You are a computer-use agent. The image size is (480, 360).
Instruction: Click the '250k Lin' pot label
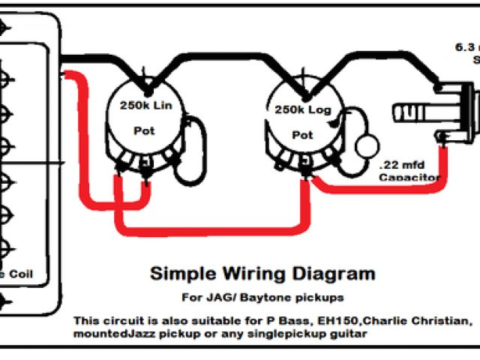point(145,106)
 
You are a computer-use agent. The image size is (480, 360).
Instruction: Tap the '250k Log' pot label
point(302,109)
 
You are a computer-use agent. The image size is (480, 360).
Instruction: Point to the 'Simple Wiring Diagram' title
point(262,273)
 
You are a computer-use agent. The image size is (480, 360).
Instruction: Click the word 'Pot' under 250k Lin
point(144,130)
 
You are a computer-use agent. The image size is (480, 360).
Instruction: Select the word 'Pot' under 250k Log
point(301,135)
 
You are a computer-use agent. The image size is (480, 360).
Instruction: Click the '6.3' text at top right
point(462,46)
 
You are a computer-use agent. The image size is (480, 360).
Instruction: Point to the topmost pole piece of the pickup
point(5,27)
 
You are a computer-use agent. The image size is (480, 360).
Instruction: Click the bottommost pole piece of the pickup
point(5,303)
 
